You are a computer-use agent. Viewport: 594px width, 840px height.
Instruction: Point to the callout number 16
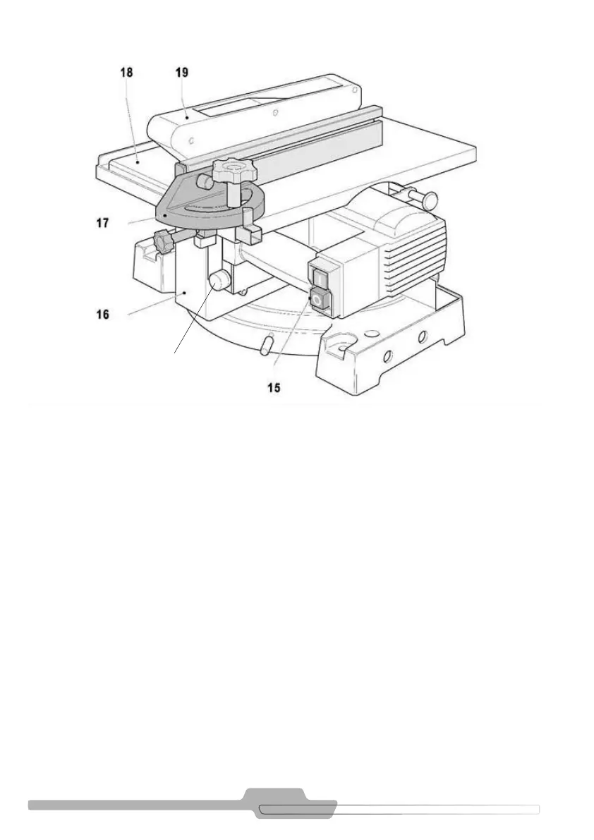[103, 313]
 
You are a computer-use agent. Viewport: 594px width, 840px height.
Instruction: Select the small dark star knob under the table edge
[164, 243]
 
